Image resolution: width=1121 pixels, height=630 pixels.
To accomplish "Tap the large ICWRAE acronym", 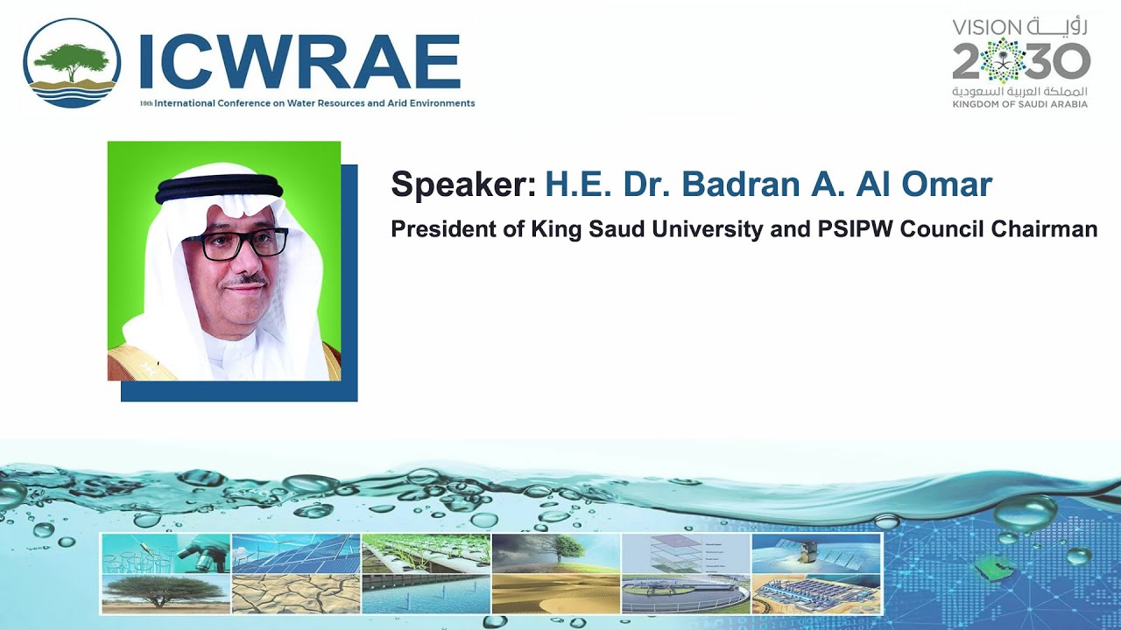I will pyautogui.click(x=300, y=63).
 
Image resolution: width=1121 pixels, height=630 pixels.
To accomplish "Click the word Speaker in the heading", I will pyautogui.click(x=462, y=185).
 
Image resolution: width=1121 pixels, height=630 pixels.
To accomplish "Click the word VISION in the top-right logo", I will pyautogui.click(x=987, y=27).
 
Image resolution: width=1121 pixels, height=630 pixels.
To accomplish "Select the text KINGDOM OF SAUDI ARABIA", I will pyautogui.click(x=1020, y=104).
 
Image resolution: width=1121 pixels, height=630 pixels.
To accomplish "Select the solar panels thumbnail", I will pyautogui.click(x=295, y=553).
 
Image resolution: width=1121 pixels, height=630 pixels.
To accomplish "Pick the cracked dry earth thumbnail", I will pyautogui.click(x=295, y=594).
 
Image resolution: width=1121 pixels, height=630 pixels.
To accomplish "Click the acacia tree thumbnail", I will pyautogui.click(x=166, y=594).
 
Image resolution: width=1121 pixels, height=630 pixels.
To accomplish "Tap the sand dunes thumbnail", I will pyautogui.click(x=555, y=594).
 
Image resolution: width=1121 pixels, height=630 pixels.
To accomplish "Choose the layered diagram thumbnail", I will pyautogui.click(x=686, y=553).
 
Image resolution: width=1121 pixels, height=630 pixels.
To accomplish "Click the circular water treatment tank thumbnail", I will pyautogui.click(x=686, y=594).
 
